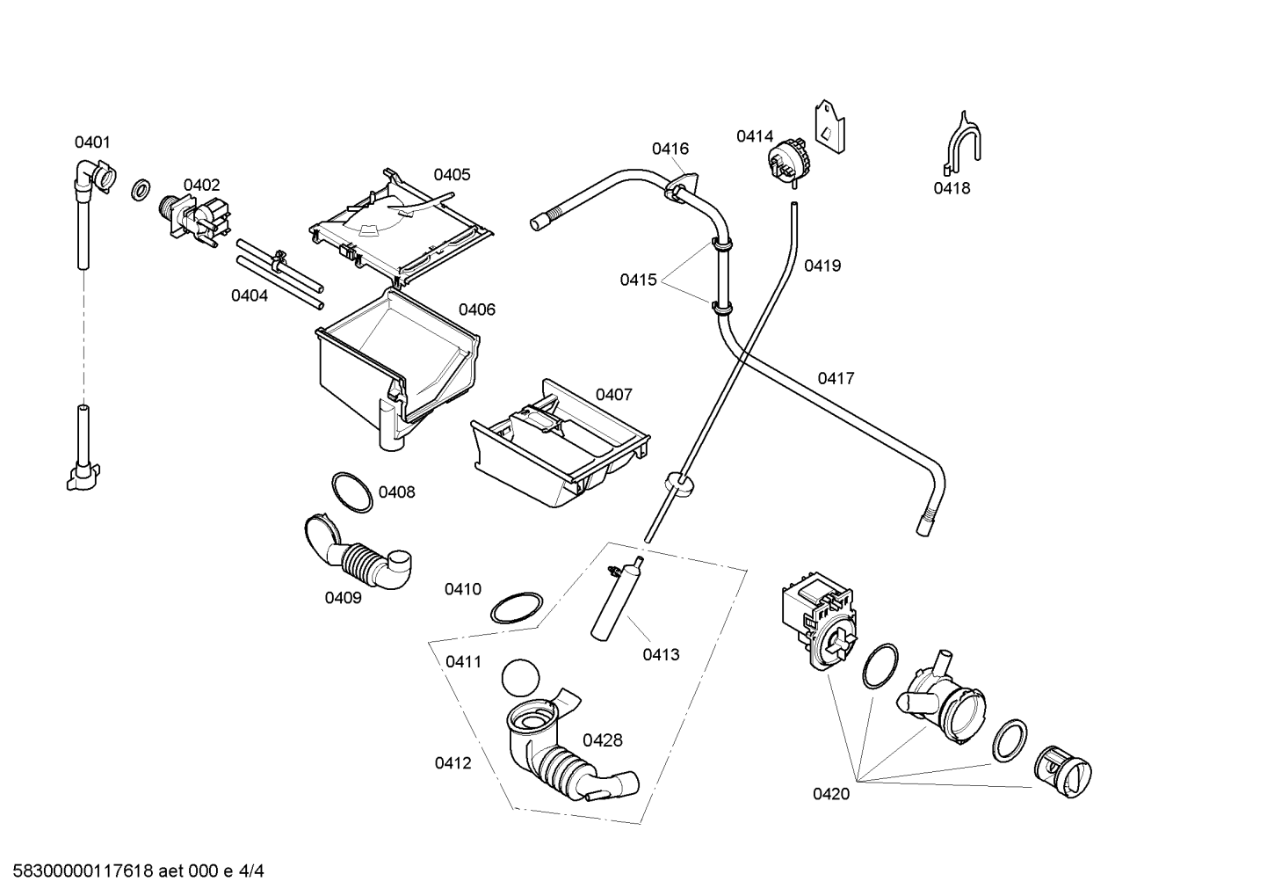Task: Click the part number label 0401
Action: click(x=92, y=142)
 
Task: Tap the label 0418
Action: click(x=952, y=188)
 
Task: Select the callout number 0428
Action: click(x=603, y=739)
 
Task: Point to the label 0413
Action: click(x=661, y=654)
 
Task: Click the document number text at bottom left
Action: click(x=139, y=871)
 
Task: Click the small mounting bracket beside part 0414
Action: click(x=829, y=127)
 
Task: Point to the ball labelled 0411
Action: click(x=520, y=678)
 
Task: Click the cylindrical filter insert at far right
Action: click(x=1063, y=771)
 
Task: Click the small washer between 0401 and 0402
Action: click(x=141, y=189)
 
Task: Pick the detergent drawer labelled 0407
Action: click(x=560, y=442)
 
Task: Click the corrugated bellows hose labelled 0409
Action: click(x=358, y=552)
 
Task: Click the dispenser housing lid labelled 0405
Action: click(x=402, y=226)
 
